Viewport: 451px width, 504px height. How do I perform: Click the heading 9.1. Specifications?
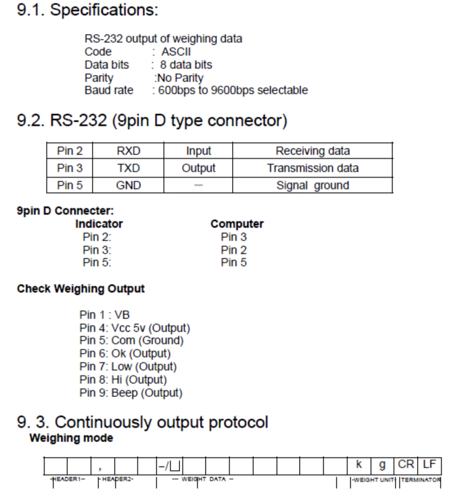coord(87,10)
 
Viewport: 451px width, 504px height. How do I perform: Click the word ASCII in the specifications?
coord(176,52)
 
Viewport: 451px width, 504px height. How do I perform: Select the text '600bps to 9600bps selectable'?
coord(233,90)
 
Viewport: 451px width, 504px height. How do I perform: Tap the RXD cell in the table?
coord(128,151)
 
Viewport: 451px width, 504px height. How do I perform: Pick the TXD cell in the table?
coord(128,168)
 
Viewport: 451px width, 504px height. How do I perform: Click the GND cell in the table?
coord(128,186)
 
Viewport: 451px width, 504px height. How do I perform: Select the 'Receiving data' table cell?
coord(313,151)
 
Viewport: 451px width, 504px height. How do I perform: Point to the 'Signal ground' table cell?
coord(313,186)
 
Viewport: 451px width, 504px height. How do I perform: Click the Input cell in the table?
coord(199,151)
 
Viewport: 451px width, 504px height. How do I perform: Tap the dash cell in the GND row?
coord(199,185)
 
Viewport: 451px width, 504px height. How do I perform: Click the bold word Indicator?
coord(99,224)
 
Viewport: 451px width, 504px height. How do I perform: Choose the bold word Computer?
coord(237,224)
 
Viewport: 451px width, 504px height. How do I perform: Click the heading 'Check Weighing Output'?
coord(81,289)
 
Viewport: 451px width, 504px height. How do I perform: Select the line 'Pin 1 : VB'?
coord(104,315)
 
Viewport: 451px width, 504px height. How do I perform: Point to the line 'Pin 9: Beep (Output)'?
coord(131,393)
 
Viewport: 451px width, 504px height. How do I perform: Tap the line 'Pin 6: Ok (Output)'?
coord(125,353)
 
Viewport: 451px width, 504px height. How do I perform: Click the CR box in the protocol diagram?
coord(406,464)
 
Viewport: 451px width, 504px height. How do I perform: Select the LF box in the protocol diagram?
coord(429,464)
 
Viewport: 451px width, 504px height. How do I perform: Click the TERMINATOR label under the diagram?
coord(420,480)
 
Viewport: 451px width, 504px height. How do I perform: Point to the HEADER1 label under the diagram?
coord(68,479)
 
